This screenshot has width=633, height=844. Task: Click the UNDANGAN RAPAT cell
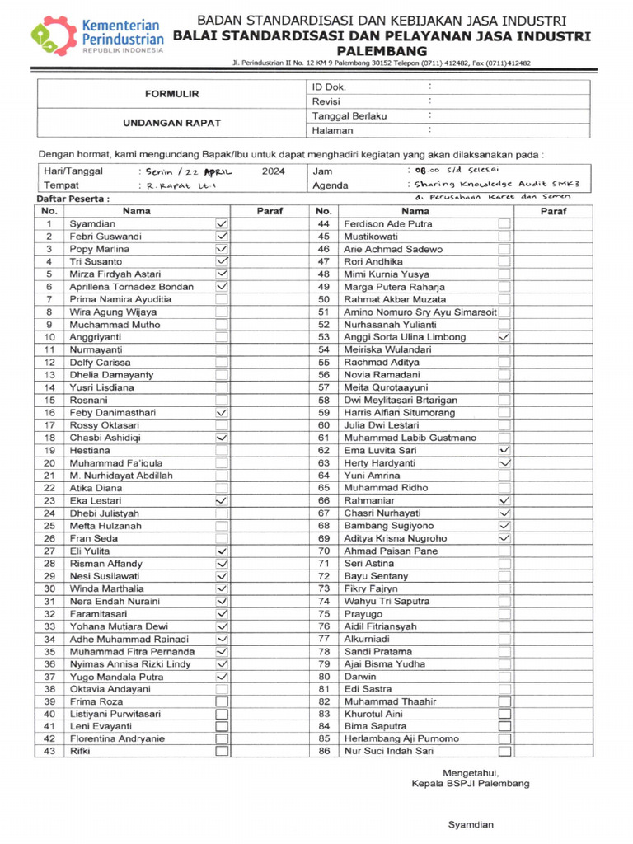coord(172,123)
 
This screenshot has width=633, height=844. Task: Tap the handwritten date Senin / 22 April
coord(189,171)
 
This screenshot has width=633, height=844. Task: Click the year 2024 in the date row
coord(273,171)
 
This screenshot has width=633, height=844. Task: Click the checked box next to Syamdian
coord(221,224)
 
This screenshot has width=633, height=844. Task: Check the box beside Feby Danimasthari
coord(221,412)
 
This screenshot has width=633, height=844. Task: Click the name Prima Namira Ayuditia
coord(120,299)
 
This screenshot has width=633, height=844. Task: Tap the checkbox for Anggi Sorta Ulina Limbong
coord(504,337)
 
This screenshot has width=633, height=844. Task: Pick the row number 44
coord(323,224)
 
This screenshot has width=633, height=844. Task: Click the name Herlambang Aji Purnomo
coord(401,738)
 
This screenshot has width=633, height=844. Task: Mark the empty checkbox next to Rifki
coord(221,751)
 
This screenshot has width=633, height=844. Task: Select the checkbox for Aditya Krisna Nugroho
coord(504,538)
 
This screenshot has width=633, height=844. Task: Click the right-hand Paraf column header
coord(552,211)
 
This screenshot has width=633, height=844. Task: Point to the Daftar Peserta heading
coord(73,199)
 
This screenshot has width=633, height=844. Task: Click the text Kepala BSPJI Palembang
coord(471,783)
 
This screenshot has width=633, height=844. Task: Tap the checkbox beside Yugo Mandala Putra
coord(221,676)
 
